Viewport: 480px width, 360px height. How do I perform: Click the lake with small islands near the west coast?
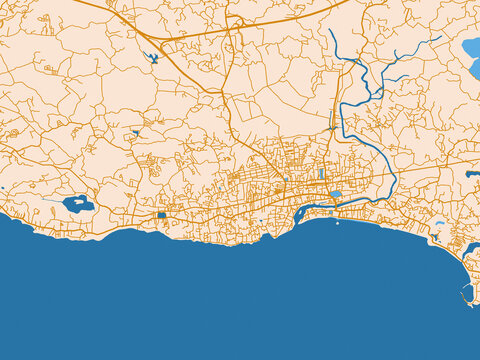[x=77, y=204]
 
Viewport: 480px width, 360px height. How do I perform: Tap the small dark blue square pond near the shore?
[x=161, y=215]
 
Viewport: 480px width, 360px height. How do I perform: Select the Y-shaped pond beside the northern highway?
[x=152, y=57]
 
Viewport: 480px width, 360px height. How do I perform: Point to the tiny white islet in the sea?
[x=337, y=223]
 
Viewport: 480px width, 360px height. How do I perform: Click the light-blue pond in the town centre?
[x=334, y=194]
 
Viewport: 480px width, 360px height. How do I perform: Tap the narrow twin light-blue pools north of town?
[x=321, y=174]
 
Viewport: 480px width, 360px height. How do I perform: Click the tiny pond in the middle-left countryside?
[x=135, y=132]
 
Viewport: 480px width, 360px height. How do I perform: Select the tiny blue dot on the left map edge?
[x=2, y=188]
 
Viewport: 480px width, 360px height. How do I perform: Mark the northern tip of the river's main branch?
[x=331, y=30]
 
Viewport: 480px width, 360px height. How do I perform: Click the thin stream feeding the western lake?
[x=50, y=200]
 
